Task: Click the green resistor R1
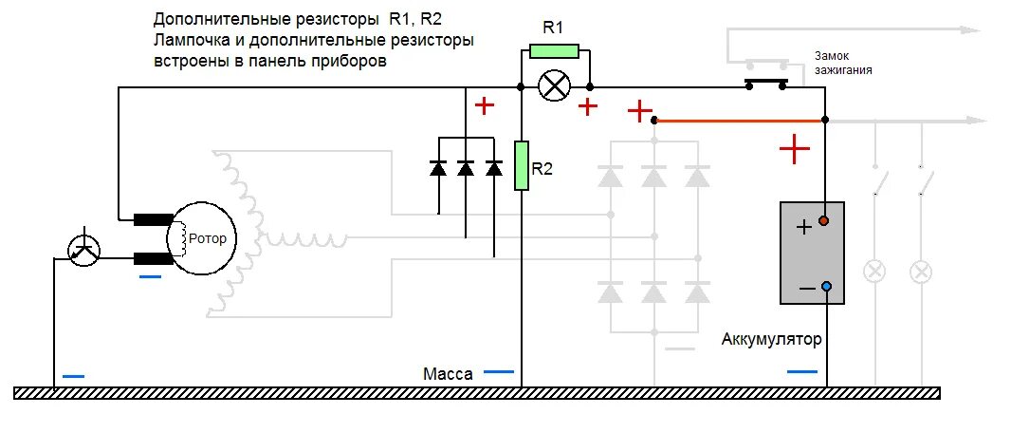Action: point(554,51)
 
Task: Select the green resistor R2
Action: point(521,165)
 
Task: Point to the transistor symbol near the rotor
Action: point(86,249)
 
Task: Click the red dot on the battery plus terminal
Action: point(824,221)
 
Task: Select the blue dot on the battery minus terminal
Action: point(825,287)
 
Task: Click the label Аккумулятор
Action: point(771,339)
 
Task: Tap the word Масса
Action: point(449,374)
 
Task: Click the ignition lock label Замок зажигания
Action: point(842,64)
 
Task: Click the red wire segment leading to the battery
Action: point(740,121)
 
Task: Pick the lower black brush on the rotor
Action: point(151,258)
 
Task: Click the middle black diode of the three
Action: point(466,169)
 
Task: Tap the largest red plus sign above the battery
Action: point(794,148)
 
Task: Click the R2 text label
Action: point(542,170)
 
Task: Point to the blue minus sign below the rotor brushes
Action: point(151,277)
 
